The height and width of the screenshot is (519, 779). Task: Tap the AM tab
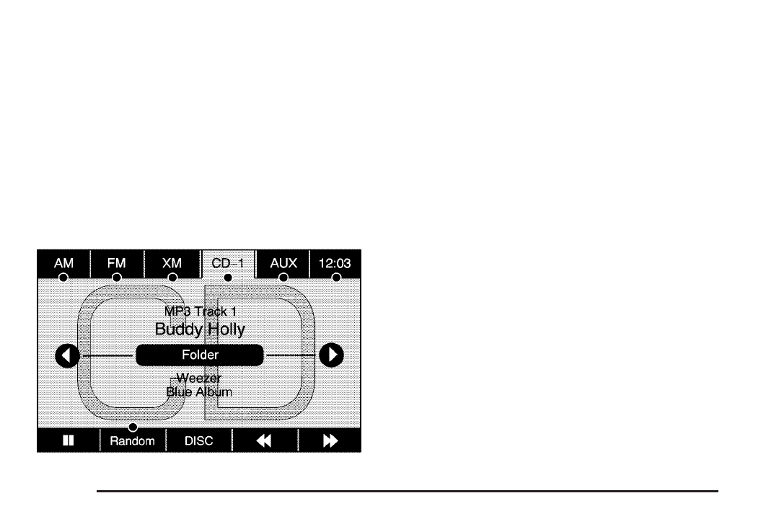[x=63, y=264]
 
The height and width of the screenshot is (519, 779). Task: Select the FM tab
[x=117, y=264]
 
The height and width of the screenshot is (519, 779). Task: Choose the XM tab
[x=172, y=264]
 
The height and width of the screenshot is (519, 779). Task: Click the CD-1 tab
[x=227, y=264]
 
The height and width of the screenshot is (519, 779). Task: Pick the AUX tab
[x=283, y=264]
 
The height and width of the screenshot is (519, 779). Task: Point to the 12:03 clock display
[x=335, y=264]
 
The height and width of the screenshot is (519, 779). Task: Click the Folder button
[x=200, y=355]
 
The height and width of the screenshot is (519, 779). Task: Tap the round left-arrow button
[x=66, y=355]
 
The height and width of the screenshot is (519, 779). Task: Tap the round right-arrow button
[x=332, y=355]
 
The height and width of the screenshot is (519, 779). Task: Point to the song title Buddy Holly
[x=200, y=329]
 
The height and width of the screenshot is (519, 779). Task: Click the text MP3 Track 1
[x=200, y=312]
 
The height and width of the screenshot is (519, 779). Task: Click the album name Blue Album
[x=200, y=392]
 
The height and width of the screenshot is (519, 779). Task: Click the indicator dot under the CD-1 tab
[x=228, y=278]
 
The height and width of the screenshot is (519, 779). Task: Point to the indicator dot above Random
[x=133, y=427]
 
